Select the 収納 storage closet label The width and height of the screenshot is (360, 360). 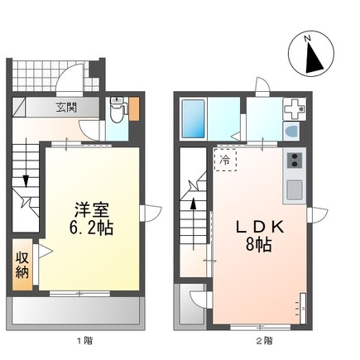coord(22,264)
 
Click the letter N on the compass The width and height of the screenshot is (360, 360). coord(307,38)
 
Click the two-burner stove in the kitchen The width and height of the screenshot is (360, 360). coord(295,161)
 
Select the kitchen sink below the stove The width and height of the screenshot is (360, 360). coord(295,190)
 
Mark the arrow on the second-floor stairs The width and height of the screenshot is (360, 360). coord(194,203)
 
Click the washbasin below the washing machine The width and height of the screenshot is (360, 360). coord(293,132)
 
